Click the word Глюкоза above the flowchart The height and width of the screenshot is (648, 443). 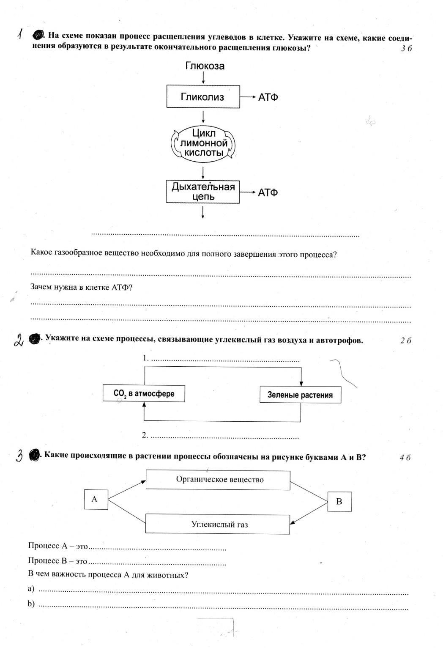pyautogui.click(x=205, y=66)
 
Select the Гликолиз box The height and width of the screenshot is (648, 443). pyautogui.click(x=203, y=97)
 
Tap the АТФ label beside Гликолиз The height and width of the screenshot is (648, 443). pyautogui.click(x=268, y=97)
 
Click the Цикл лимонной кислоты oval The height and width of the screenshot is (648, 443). pyautogui.click(x=203, y=143)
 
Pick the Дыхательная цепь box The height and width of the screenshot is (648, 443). pyautogui.click(x=203, y=192)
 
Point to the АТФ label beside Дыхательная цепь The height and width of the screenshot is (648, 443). pyautogui.click(x=268, y=192)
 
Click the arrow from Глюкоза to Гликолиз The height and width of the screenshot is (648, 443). pyautogui.click(x=203, y=77)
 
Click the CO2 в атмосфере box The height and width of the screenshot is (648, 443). pyautogui.click(x=144, y=393)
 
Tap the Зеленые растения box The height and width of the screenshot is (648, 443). pyautogui.click(x=300, y=395)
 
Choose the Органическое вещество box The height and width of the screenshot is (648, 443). pyautogui.click(x=218, y=480)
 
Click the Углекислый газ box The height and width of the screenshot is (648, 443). pyautogui.click(x=218, y=524)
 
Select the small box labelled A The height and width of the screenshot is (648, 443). pyautogui.click(x=95, y=500)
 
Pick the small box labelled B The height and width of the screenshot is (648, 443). pyautogui.click(x=339, y=502)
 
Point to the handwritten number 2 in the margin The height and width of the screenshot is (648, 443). pyautogui.click(x=19, y=340)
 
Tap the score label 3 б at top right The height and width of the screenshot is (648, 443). pyautogui.click(x=406, y=49)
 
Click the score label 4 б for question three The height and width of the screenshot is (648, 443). pyautogui.click(x=405, y=457)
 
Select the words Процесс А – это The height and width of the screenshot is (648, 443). pyautogui.click(x=58, y=546)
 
